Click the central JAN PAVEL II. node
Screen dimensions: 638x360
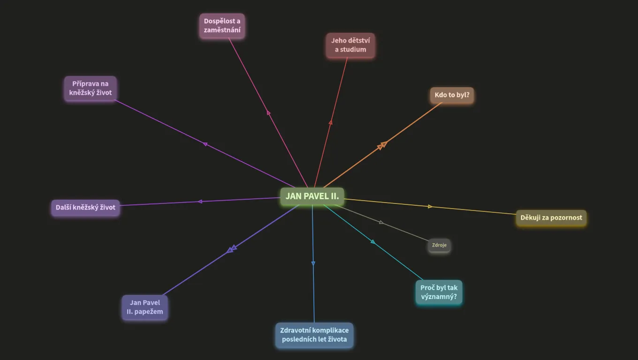(312, 196)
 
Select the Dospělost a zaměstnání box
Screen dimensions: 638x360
(222, 26)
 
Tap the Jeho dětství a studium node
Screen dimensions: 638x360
(350, 45)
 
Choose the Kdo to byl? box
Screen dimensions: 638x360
(452, 95)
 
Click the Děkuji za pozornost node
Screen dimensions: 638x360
(551, 217)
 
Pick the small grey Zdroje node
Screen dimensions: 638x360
(439, 245)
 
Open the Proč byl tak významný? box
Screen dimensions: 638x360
(439, 292)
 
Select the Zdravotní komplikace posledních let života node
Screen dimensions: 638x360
(314, 335)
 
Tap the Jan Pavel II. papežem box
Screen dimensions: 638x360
(145, 307)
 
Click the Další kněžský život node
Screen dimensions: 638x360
(85, 208)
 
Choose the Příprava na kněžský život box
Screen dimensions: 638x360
(90, 88)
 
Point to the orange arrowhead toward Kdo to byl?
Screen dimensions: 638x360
(382, 145)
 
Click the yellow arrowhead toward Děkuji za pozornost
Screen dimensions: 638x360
(430, 206)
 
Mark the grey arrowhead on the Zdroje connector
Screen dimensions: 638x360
(381, 222)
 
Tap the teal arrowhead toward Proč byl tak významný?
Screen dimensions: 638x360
(373, 241)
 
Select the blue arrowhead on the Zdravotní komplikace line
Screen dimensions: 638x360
(313, 263)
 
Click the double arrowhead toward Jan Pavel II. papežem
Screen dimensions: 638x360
(232, 249)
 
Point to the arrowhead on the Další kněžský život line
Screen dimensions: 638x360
(200, 202)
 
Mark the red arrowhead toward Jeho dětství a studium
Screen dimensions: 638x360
(331, 122)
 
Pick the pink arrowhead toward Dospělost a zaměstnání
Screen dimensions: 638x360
(268, 112)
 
